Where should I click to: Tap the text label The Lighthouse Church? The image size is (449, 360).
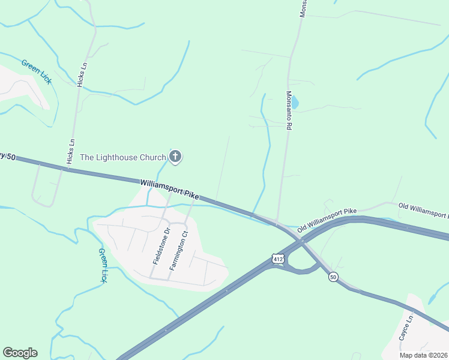(x=123, y=157)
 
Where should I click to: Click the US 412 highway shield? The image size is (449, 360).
(x=277, y=259)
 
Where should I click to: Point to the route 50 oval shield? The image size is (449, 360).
(x=334, y=276)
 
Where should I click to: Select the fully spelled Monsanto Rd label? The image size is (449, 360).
(x=289, y=111)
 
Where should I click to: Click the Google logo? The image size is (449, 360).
(x=20, y=352)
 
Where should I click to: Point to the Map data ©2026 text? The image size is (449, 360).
(x=424, y=355)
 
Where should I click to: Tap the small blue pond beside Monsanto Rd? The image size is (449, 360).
(x=294, y=102)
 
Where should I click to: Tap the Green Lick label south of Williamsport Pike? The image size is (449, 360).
(x=103, y=266)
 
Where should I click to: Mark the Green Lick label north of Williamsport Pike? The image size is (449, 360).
(x=36, y=71)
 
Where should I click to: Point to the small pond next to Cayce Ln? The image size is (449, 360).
(x=433, y=298)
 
